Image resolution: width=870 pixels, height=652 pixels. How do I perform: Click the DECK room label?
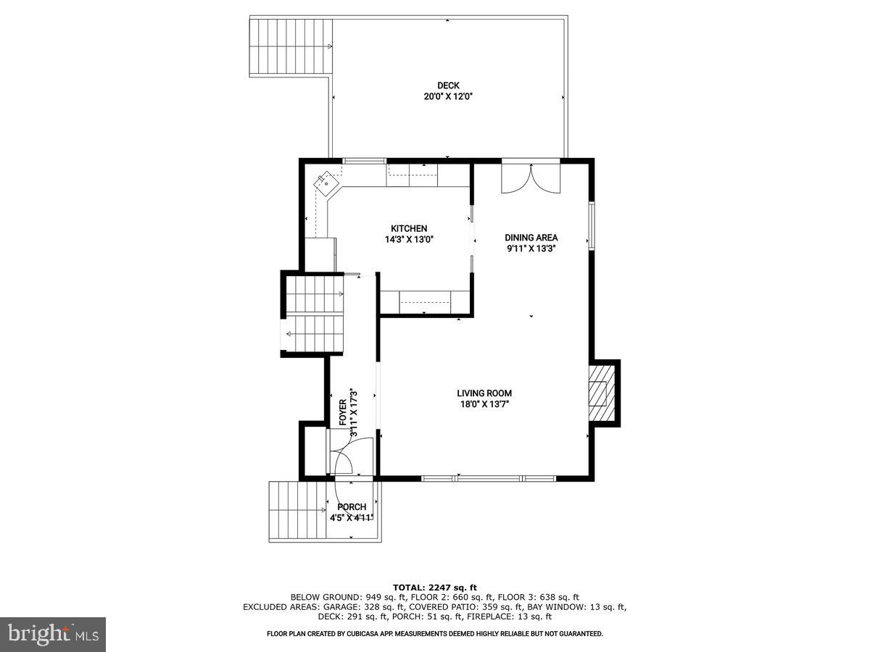click(448, 85)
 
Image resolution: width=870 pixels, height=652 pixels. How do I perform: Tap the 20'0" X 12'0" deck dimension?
click(448, 96)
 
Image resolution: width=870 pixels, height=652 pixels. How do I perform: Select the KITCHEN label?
click(409, 228)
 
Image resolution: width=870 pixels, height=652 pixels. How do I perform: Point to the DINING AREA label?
click(531, 237)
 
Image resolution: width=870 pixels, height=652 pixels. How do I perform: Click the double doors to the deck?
click(531, 177)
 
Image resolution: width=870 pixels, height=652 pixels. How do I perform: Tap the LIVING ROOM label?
click(484, 393)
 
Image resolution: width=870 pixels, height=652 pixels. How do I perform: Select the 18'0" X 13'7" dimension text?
click(484, 404)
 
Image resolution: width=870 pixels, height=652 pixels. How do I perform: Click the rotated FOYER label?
click(343, 412)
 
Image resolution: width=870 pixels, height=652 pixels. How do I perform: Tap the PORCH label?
click(352, 507)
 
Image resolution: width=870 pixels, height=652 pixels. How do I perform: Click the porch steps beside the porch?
click(297, 511)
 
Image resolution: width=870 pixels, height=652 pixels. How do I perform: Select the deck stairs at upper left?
click(291, 47)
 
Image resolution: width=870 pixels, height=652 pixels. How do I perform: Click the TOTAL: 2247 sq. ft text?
click(435, 587)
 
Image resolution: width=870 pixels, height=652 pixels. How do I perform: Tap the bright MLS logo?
click(53, 634)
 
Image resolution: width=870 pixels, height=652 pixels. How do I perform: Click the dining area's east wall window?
click(592, 227)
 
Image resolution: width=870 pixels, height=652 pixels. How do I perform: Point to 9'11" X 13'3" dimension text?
click(531, 248)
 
